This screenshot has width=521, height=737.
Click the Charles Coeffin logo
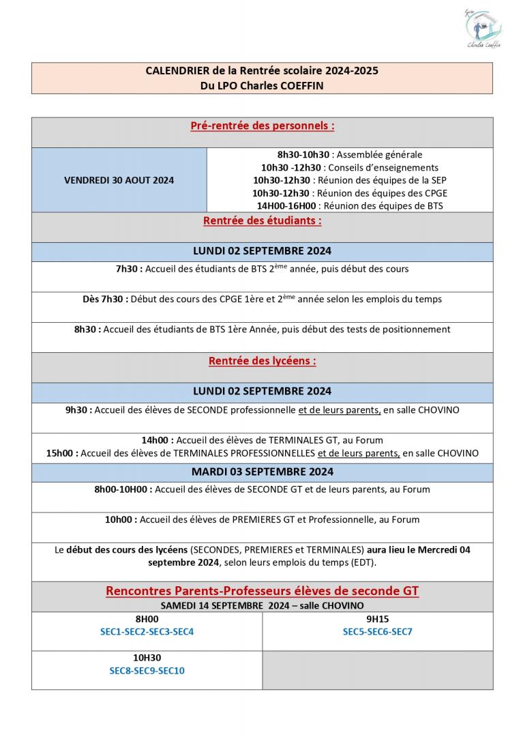tap(483, 29)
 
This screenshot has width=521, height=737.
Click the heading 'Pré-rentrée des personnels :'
tap(262, 126)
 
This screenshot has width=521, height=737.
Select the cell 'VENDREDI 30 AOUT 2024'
tap(119, 180)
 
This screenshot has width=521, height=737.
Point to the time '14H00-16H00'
tap(286, 205)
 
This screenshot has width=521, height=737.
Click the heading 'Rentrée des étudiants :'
tap(262, 221)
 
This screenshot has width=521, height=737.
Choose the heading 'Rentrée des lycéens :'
tap(262, 362)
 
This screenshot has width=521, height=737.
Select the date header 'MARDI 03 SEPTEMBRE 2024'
tap(262, 472)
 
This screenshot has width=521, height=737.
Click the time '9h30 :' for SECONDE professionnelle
tap(78, 410)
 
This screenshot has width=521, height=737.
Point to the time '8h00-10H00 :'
tap(123, 489)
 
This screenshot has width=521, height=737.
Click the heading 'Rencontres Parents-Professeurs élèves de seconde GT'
tap(262, 591)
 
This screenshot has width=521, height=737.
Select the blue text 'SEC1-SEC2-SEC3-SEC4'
tap(147, 632)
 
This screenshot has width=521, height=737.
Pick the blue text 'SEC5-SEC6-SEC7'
tap(377, 632)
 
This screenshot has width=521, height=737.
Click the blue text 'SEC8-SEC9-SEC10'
tap(147, 671)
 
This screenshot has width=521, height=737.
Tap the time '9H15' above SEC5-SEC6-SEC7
tap(377, 619)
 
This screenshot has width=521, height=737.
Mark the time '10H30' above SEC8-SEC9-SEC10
tap(147, 658)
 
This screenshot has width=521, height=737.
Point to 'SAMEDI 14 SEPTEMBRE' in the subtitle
tap(213, 605)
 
